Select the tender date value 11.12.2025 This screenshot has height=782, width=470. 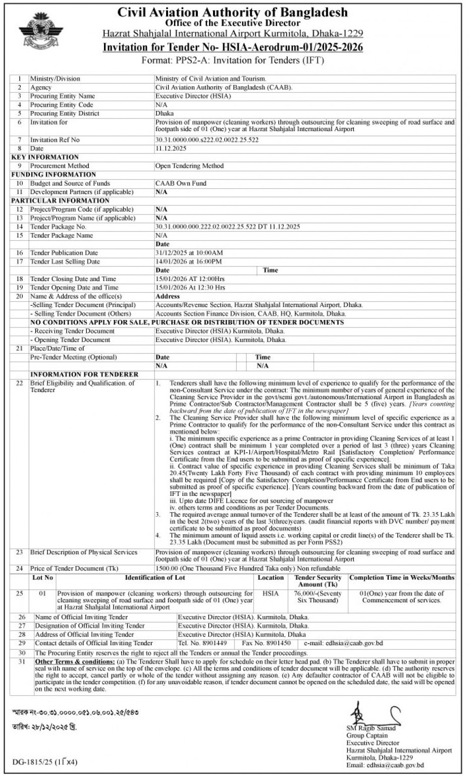[x=171, y=148]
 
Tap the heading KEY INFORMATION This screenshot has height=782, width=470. [x=45, y=157]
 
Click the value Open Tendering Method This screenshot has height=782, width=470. [x=189, y=165]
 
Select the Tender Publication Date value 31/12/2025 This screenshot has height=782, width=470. [x=189, y=253]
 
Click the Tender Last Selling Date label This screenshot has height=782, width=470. [x=65, y=261]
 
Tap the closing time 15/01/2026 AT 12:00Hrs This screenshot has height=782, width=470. [x=190, y=279]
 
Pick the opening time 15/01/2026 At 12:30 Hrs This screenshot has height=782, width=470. [x=190, y=288]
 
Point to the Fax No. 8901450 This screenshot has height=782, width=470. [x=266, y=643]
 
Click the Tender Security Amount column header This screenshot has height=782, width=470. [x=318, y=581]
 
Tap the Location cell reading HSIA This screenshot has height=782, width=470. [x=271, y=593]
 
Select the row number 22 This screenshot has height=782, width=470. [x=20, y=383]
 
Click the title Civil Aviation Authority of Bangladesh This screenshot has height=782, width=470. [x=232, y=12]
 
